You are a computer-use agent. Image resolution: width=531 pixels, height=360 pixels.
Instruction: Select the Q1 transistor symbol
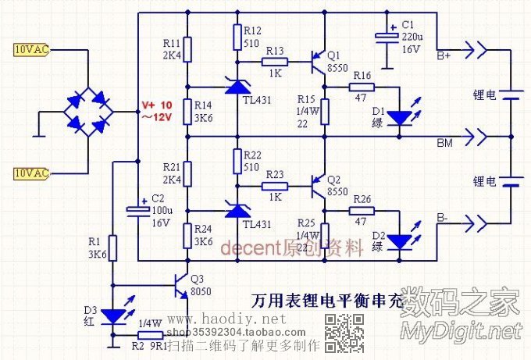click(317, 61)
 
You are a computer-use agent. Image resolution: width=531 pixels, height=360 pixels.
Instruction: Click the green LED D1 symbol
click(399, 117)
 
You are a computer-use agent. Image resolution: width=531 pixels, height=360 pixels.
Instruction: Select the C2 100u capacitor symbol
click(137, 209)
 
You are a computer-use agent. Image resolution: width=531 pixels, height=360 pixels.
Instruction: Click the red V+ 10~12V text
click(155, 111)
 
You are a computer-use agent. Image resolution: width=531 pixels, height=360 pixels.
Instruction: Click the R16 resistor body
click(362, 87)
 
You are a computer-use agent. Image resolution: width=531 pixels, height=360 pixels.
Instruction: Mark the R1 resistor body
click(113, 248)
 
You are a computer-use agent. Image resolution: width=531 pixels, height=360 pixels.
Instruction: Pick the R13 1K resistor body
click(275, 61)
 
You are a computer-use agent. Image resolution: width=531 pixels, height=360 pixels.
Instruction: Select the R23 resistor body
click(275, 186)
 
